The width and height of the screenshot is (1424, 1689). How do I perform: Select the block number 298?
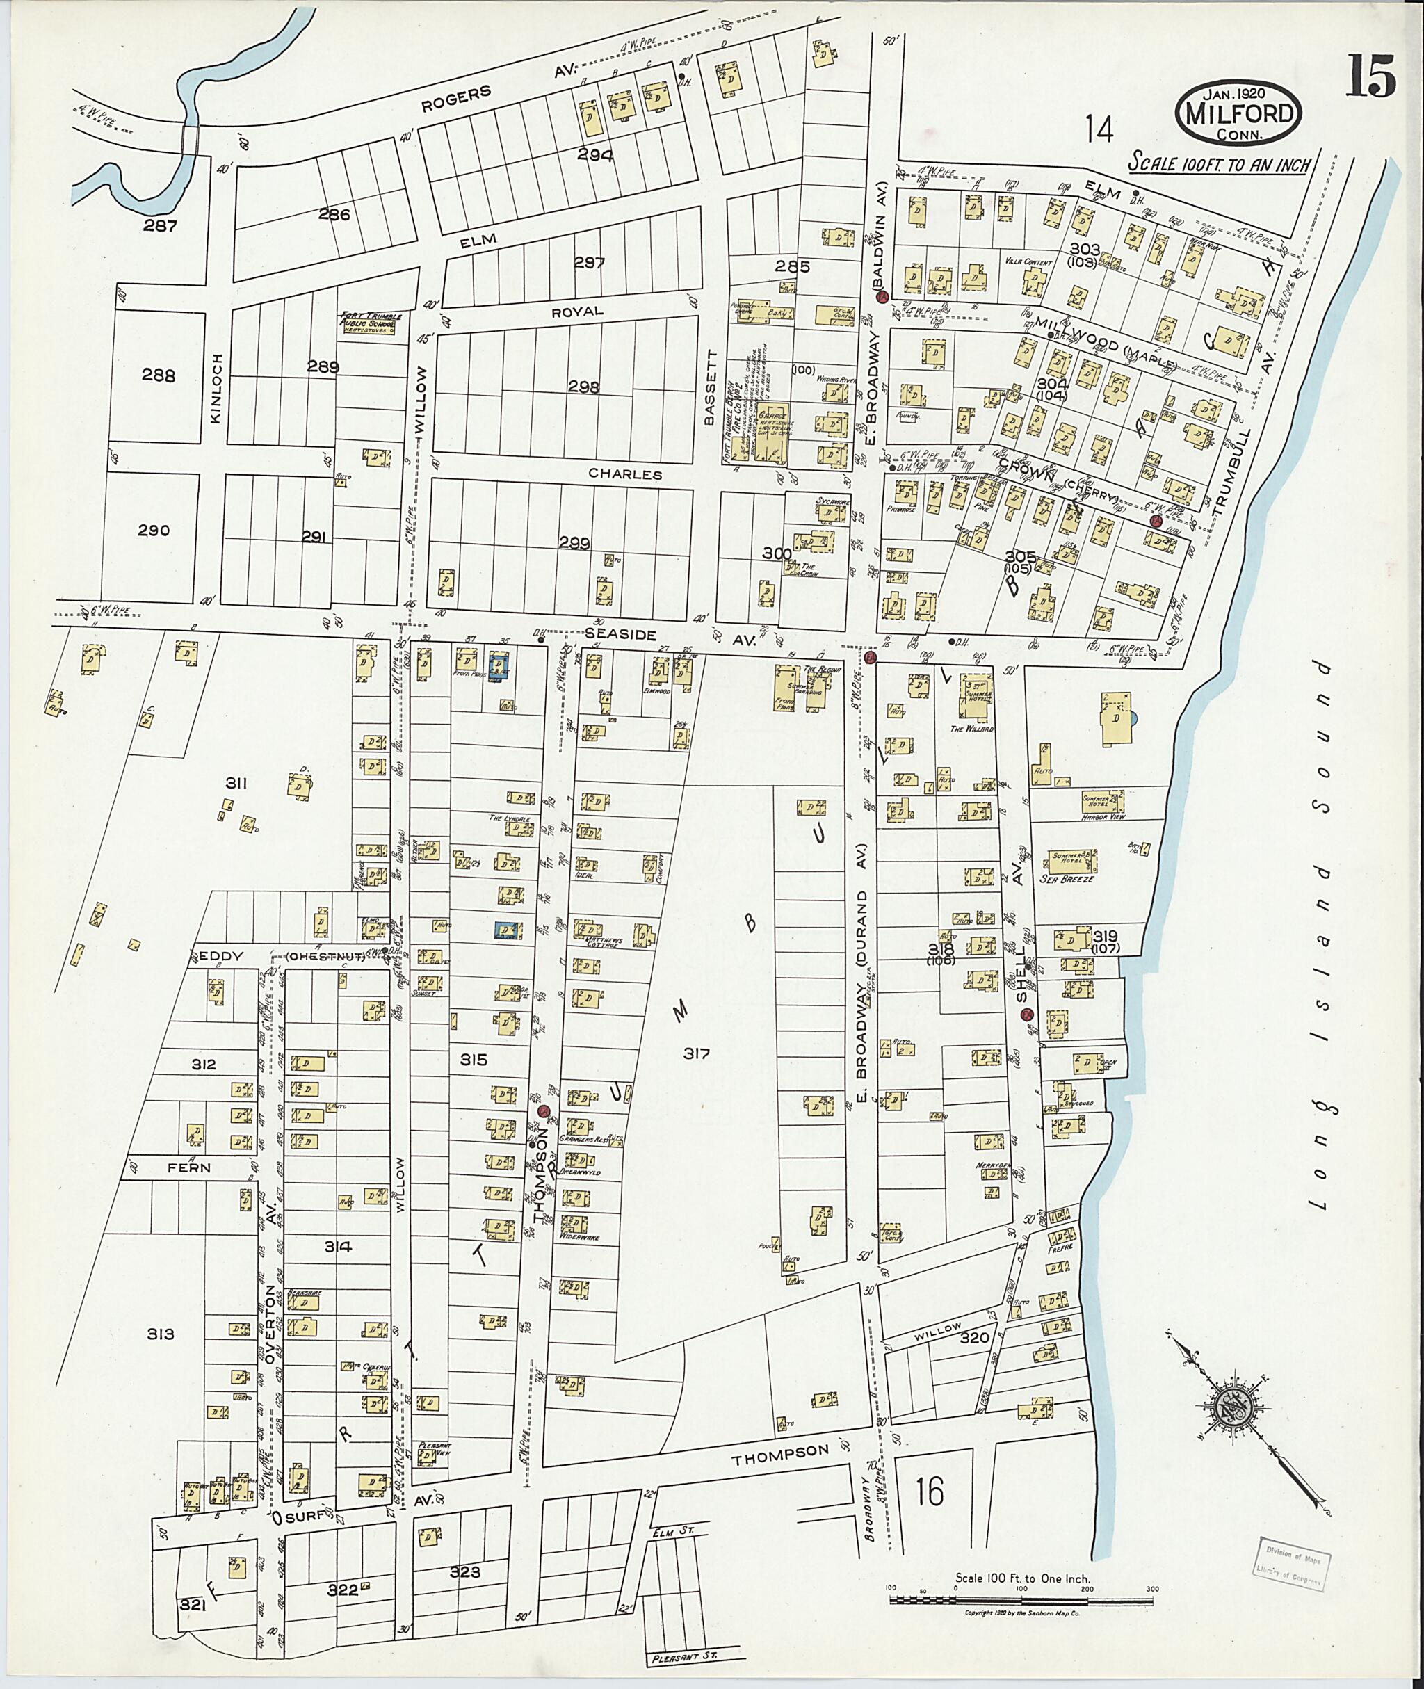pyautogui.click(x=583, y=387)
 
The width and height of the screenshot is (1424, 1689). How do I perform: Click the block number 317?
pyautogui.click(x=695, y=1053)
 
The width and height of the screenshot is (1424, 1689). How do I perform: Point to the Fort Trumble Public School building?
pyautogui.click(x=368, y=325)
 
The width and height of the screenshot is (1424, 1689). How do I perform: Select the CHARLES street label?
pyautogui.click(x=625, y=475)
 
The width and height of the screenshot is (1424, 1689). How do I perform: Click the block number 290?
pyautogui.click(x=154, y=531)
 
